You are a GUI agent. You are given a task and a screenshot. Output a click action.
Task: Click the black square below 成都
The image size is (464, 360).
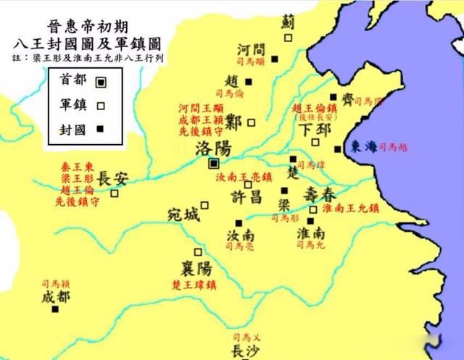[55, 309]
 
